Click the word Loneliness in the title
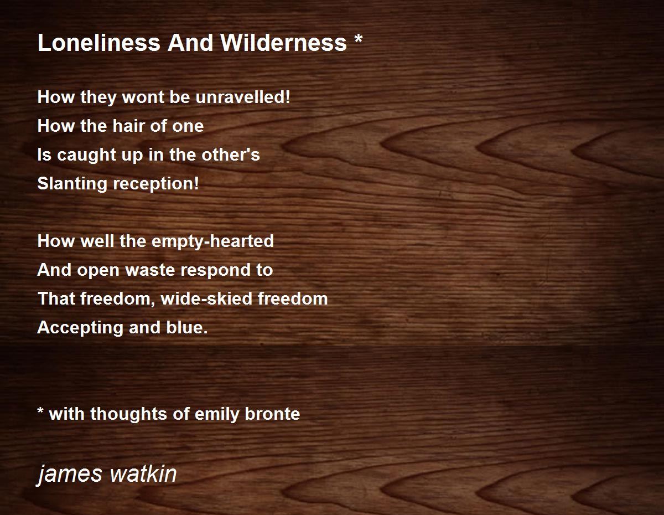point(98,43)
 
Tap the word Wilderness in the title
point(283,43)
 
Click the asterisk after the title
point(359,38)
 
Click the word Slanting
point(72,184)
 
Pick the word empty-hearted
point(212,241)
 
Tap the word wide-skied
point(206,299)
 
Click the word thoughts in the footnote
point(128,415)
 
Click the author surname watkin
point(143,473)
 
